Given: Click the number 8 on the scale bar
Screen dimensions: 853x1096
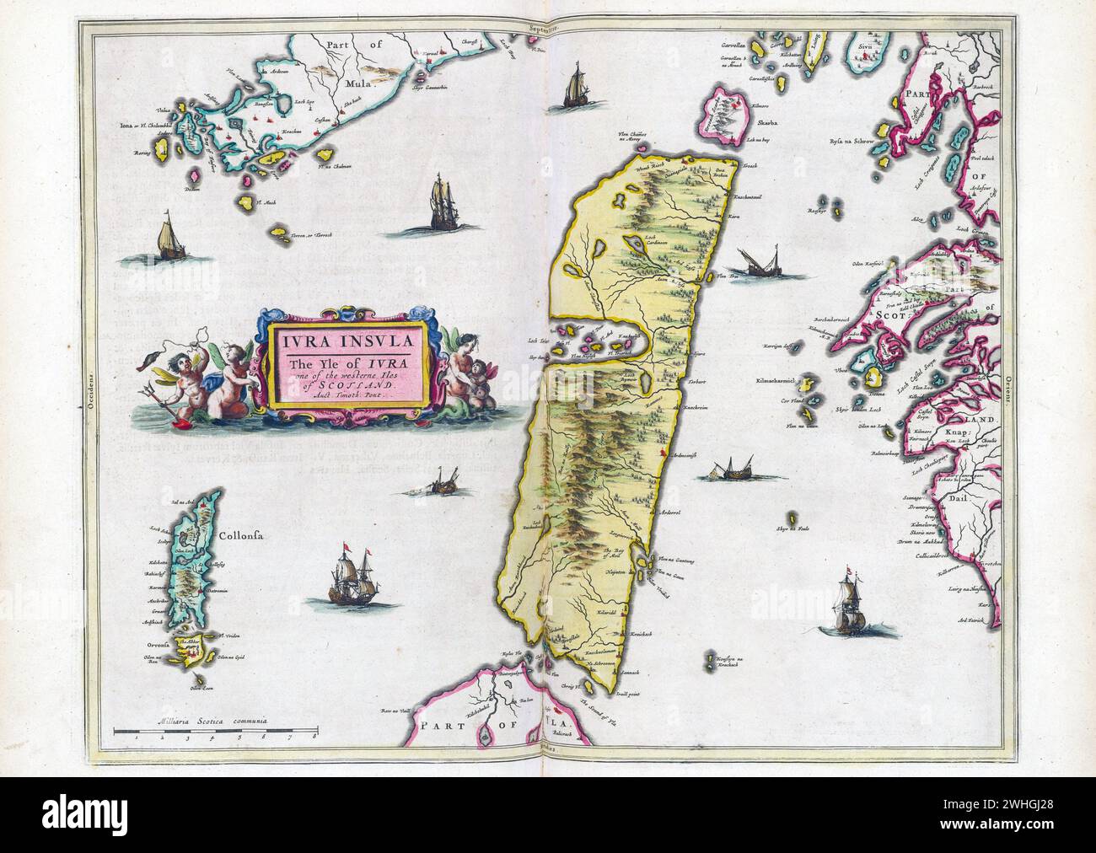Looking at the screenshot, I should coord(314,736).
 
